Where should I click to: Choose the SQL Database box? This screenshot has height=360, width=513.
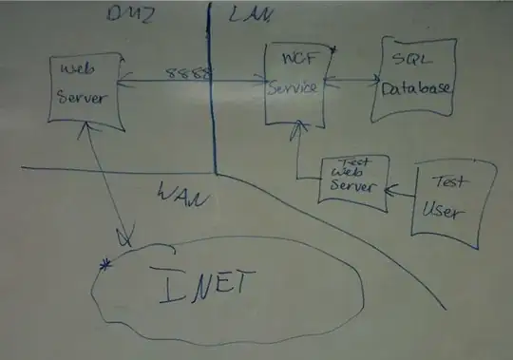click(x=411, y=79)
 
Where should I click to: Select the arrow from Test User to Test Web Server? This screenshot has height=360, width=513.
click(x=399, y=186)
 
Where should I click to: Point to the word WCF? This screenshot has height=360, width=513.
click(x=293, y=63)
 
